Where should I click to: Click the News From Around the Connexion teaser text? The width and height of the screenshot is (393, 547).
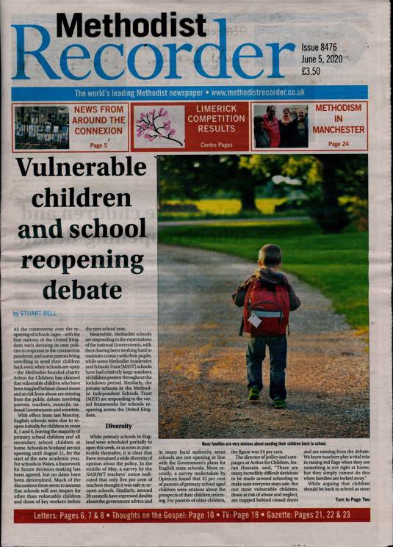[98, 120]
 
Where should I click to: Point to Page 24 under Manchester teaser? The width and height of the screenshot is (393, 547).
[339, 145]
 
